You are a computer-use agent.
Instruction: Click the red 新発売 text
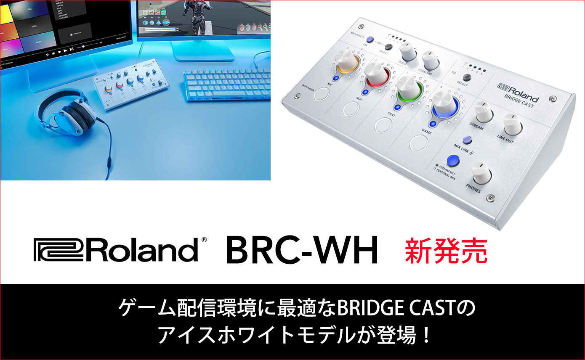tap(446, 251)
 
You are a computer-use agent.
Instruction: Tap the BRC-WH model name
tap(302, 251)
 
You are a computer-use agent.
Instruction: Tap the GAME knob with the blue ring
tap(443, 104)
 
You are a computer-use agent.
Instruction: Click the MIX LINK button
tap(466, 140)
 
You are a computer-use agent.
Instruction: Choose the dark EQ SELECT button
tap(466, 77)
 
